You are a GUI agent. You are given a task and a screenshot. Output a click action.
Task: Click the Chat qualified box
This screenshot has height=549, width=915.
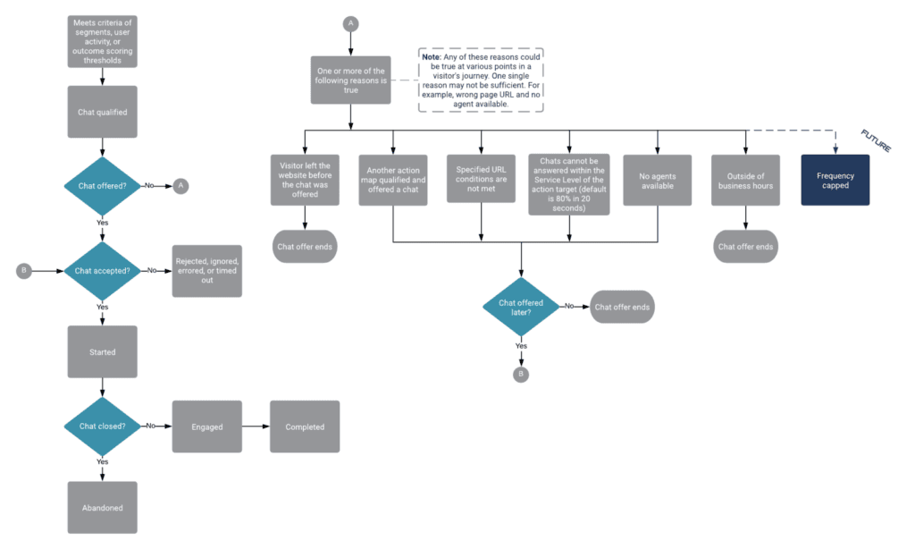pyautogui.click(x=103, y=112)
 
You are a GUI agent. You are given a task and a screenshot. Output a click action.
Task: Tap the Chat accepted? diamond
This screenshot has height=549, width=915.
pyautogui.click(x=103, y=270)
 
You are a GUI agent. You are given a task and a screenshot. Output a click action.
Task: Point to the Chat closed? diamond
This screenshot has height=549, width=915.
pyautogui.click(x=103, y=427)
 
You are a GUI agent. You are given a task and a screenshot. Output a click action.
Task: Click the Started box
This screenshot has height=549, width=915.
pyautogui.click(x=103, y=352)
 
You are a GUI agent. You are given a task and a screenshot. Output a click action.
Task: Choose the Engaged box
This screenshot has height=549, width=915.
pyautogui.click(x=206, y=427)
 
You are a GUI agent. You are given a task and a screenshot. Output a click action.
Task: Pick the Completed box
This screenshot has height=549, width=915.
pyautogui.click(x=305, y=427)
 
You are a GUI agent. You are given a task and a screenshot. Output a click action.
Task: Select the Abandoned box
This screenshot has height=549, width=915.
pyautogui.click(x=103, y=508)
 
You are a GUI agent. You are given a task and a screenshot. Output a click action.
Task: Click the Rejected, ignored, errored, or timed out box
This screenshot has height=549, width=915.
pyautogui.click(x=206, y=270)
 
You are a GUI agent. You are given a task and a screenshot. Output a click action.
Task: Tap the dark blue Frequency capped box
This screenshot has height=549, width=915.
pyautogui.click(x=835, y=181)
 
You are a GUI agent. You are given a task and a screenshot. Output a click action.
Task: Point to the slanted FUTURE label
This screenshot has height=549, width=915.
pyautogui.click(x=876, y=141)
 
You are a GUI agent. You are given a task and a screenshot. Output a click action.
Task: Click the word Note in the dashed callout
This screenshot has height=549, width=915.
pyautogui.click(x=434, y=56)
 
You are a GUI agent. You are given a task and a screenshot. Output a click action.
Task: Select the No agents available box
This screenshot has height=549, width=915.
pyautogui.click(x=657, y=181)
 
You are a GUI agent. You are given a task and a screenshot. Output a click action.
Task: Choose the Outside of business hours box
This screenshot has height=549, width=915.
pyautogui.click(x=745, y=181)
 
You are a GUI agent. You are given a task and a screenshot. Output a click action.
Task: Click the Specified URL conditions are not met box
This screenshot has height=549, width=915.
pyautogui.click(x=482, y=179)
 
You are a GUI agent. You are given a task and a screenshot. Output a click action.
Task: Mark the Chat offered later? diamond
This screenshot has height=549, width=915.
pyautogui.click(x=522, y=307)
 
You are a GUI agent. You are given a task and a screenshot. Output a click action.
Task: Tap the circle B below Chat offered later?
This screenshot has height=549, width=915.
pyautogui.click(x=522, y=374)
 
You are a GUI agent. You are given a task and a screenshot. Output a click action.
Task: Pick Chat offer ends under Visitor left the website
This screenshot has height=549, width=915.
pyautogui.click(x=305, y=246)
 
